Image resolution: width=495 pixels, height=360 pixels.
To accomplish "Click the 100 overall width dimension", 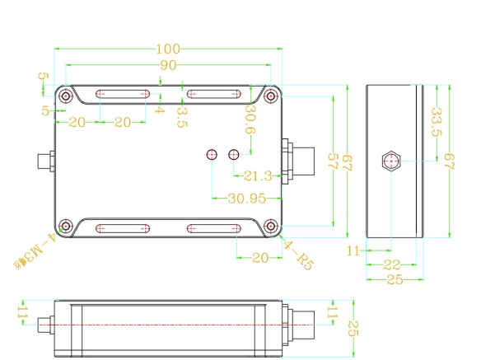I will (168, 48).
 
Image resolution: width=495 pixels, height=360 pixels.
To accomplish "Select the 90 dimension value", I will (168, 64).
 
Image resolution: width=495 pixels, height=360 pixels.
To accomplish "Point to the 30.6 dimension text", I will (250, 119).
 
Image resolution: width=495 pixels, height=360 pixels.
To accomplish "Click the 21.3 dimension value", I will (258, 175).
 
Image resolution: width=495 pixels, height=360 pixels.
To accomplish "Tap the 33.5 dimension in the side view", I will (437, 122).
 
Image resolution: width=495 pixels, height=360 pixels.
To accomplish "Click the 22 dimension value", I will (392, 264).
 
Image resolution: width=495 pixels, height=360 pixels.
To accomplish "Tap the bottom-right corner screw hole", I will (271, 227).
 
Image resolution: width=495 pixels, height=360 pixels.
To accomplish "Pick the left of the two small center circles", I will (212, 154).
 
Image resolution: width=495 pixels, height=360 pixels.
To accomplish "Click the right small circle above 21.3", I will (234, 154).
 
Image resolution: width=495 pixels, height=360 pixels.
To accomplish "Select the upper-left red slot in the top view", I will (124, 94).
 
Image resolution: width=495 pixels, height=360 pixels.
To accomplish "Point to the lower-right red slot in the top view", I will (214, 228).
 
